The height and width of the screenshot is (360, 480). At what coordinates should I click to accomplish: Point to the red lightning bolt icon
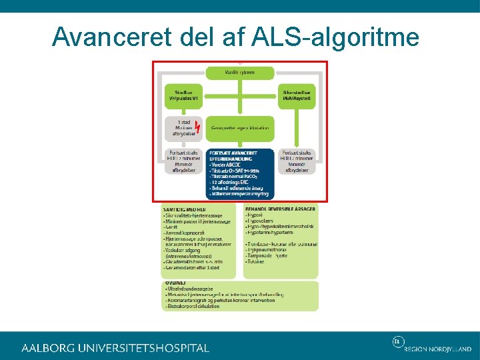point(197,125)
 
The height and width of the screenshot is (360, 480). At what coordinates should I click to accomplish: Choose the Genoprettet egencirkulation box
point(239,127)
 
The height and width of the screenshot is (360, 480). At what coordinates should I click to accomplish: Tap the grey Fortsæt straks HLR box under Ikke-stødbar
point(297,161)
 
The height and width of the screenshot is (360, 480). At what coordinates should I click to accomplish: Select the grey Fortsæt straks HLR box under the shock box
point(183,161)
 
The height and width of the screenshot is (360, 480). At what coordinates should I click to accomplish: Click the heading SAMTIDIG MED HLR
point(183,209)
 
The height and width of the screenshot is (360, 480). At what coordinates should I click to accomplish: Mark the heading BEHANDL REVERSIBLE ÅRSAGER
point(280,209)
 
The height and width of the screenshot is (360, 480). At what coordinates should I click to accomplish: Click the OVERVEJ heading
point(176,283)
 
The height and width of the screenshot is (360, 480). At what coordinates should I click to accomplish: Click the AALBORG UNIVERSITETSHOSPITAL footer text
point(115,347)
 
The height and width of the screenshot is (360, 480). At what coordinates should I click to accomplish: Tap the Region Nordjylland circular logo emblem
point(397,342)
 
